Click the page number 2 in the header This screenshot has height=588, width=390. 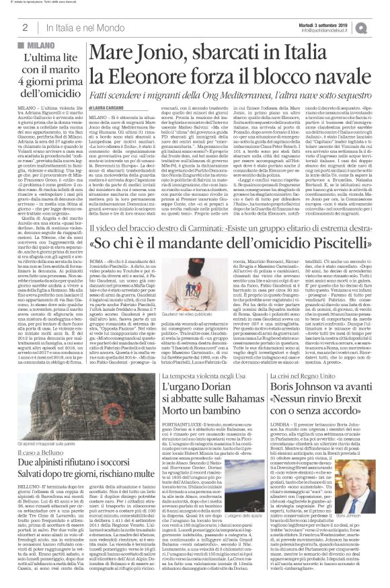(x=24, y=26)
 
